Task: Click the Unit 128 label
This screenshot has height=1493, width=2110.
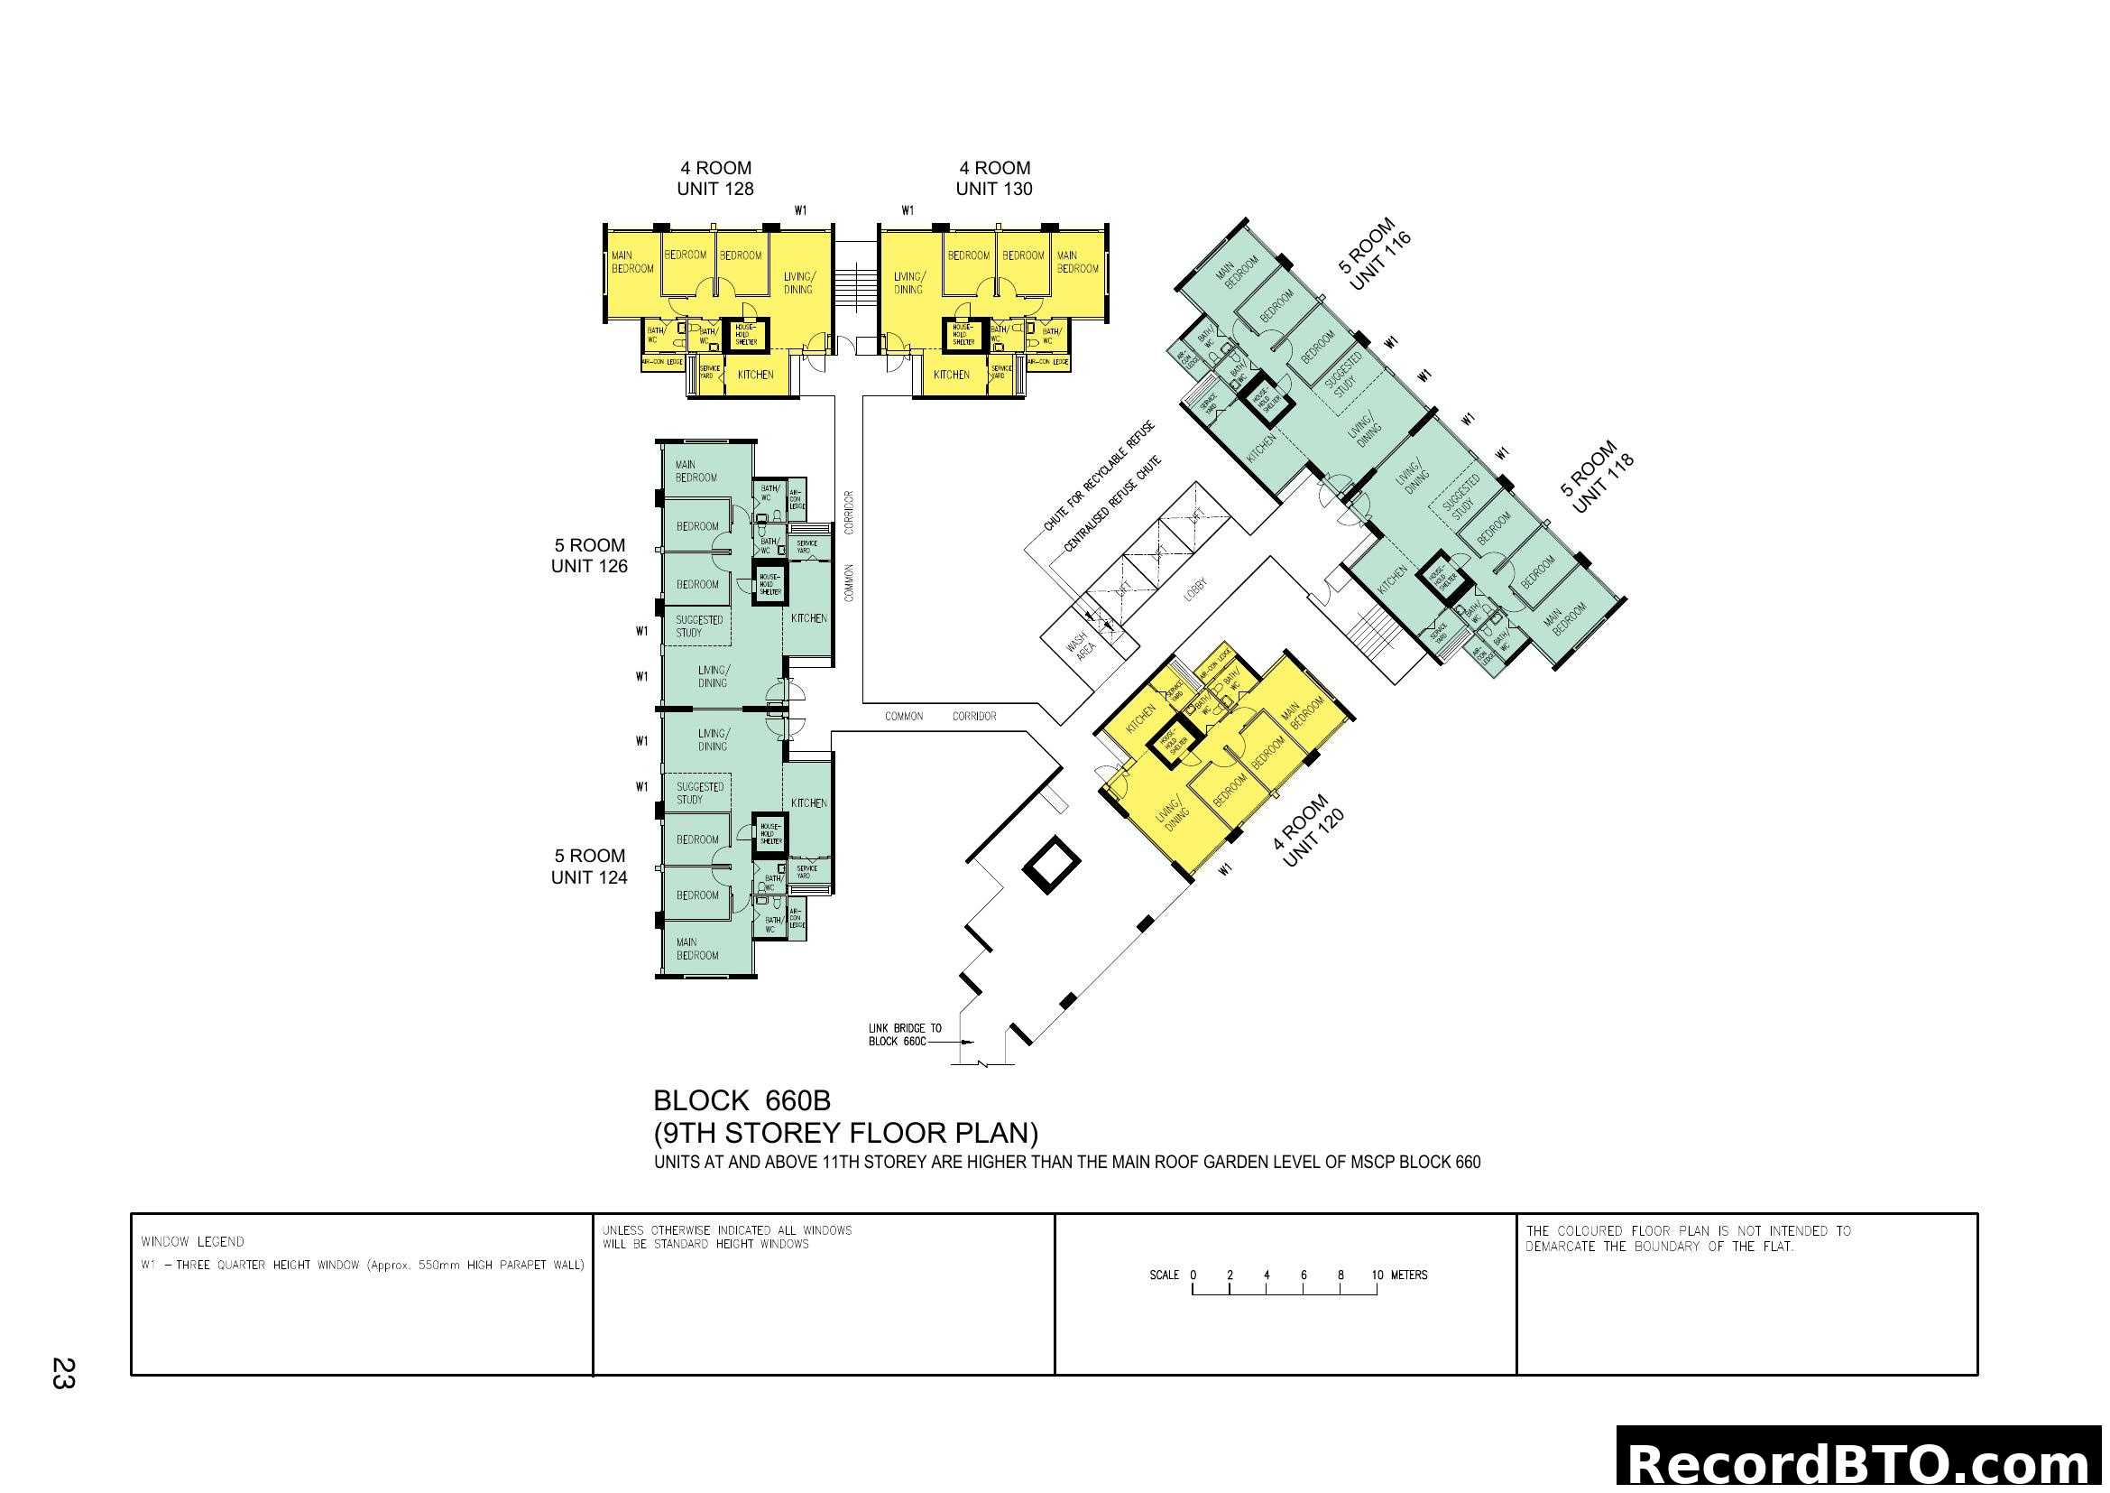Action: coord(715,189)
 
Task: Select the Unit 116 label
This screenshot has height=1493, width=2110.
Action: coord(1379,262)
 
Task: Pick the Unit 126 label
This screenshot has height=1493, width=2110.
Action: coord(589,566)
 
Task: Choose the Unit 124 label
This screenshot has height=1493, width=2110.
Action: coord(589,877)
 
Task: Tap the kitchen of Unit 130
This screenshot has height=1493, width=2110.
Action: coord(951,376)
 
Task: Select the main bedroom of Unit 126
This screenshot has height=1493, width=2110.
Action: coord(696,471)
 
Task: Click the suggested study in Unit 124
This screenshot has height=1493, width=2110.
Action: coord(700,793)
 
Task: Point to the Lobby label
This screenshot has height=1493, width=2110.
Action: coord(1195,589)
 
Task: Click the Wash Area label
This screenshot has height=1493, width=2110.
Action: coord(1081,643)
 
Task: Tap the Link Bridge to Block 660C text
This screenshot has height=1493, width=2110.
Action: coord(904,1034)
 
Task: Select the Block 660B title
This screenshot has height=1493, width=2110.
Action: coord(742,1100)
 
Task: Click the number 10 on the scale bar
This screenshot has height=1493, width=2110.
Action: coord(1377,1275)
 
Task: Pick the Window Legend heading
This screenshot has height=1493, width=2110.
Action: coord(192,1241)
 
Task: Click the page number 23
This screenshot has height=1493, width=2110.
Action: coord(62,1373)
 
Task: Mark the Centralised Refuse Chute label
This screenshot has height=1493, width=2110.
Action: coord(1112,505)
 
